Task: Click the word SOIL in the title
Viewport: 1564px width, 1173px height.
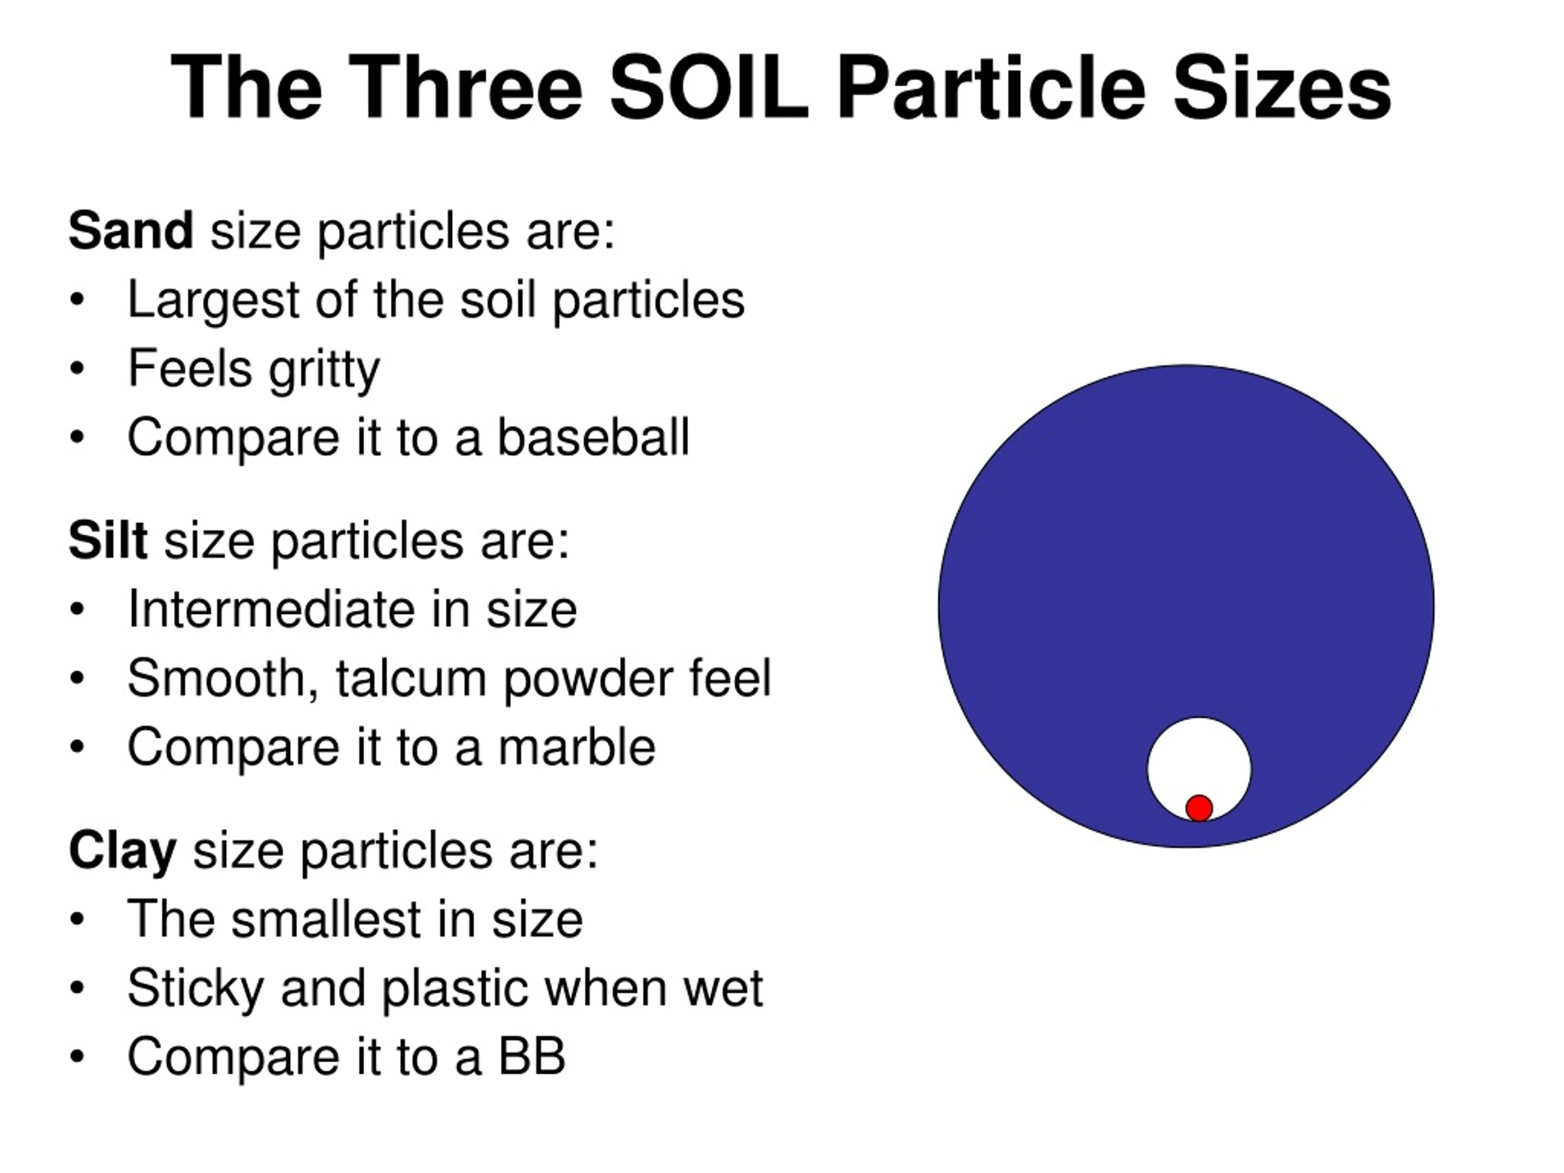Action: coord(709,89)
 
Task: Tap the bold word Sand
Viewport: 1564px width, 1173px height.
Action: coord(131,230)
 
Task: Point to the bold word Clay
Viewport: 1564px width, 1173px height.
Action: coord(122,850)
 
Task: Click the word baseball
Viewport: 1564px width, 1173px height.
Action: coord(593,437)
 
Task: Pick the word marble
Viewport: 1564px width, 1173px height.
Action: coord(577,747)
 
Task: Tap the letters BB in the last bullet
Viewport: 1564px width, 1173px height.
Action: coord(532,1056)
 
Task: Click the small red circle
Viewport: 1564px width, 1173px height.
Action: coord(1199,808)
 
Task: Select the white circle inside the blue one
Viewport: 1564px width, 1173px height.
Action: coord(1199,756)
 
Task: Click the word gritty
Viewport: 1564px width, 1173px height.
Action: coord(324,369)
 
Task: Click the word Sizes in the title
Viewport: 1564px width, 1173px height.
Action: coord(1282,89)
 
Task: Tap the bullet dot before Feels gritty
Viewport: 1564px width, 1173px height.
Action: coord(77,368)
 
